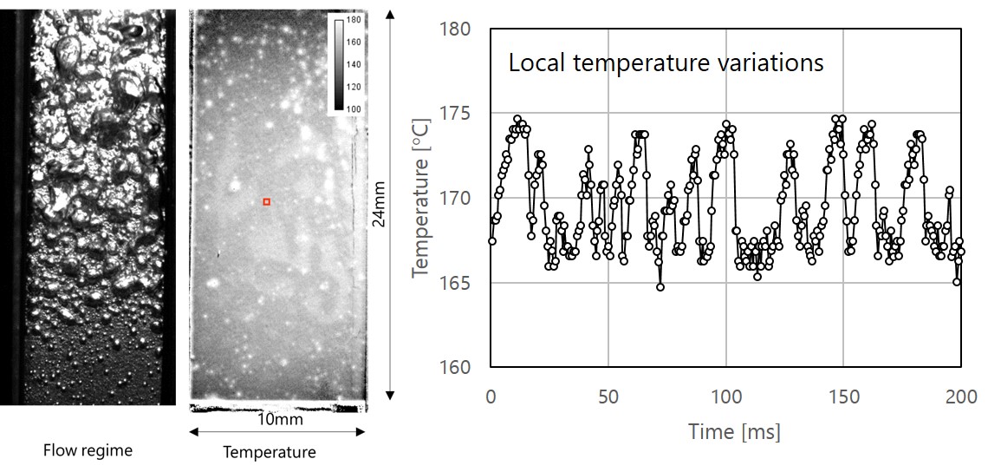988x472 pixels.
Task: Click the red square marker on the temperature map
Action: click(x=267, y=202)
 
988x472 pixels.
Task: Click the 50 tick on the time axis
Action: click(x=608, y=397)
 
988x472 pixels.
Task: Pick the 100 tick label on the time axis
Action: click(x=726, y=397)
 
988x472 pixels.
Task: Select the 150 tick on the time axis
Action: click(x=844, y=397)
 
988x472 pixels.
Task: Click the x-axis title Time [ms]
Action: click(x=734, y=431)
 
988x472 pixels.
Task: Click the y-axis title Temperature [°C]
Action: click(x=421, y=198)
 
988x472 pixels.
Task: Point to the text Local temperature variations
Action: click(x=666, y=63)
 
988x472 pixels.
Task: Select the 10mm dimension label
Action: click(x=278, y=420)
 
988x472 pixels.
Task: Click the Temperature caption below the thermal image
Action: click(x=270, y=451)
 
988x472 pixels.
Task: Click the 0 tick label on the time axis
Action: click(x=491, y=397)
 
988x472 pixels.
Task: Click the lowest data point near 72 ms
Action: click(x=660, y=286)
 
